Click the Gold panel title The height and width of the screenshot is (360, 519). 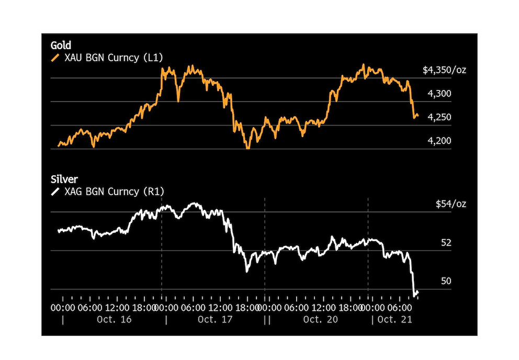pyautogui.click(x=61, y=46)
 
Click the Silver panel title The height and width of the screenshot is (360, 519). pyautogui.click(x=63, y=179)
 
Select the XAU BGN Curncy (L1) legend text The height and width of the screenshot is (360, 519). pyautogui.click(x=114, y=58)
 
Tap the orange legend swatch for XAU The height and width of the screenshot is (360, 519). pyautogui.click(x=55, y=58)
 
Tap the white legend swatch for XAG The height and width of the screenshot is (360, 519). pyautogui.click(x=55, y=192)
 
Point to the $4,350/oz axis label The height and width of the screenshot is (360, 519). pyautogui.click(x=444, y=70)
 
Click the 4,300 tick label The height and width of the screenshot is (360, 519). pyautogui.click(x=439, y=94)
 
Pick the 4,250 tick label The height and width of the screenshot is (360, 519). pyautogui.click(x=439, y=117)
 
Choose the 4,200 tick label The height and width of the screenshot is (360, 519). pyautogui.click(x=439, y=141)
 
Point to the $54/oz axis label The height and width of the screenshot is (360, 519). pyautogui.click(x=450, y=204)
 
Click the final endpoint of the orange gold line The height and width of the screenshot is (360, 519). pyautogui.click(x=418, y=116)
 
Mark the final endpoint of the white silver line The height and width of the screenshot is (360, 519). pyautogui.click(x=418, y=292)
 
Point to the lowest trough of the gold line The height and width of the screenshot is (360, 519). pyautogui.click(x=249, y=149)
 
